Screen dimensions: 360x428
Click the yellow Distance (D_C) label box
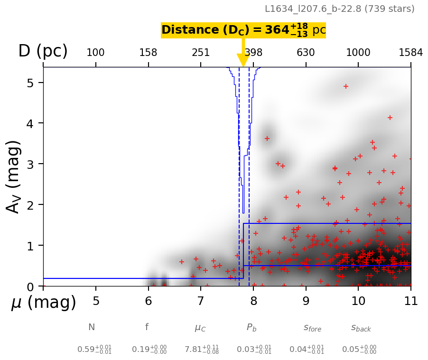[x=243, y=30]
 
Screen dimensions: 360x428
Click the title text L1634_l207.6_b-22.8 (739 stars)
[x=339, y=9]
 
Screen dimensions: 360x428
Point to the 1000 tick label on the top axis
[x=358, y=53]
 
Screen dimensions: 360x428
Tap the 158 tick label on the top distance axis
[x=148, y=53]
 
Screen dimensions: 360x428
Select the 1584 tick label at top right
[x=410, y=53]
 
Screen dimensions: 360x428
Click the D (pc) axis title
[x=43, y=51]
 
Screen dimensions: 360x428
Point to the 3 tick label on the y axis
[x=29, y=164]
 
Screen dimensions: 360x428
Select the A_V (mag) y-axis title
[x=14, y=176]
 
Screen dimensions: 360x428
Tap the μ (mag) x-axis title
[x=44, y=302]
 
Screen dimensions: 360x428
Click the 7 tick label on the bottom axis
[x=201, y=301]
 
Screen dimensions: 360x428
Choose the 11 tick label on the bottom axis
[x=410, y=301]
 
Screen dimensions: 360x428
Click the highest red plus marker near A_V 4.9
[x=346, y=86]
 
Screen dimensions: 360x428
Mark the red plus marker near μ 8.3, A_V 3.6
[x=267, y=138]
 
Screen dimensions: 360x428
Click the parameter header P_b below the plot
[x=251, y=327]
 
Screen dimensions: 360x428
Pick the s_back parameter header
[x=361, y=328]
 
